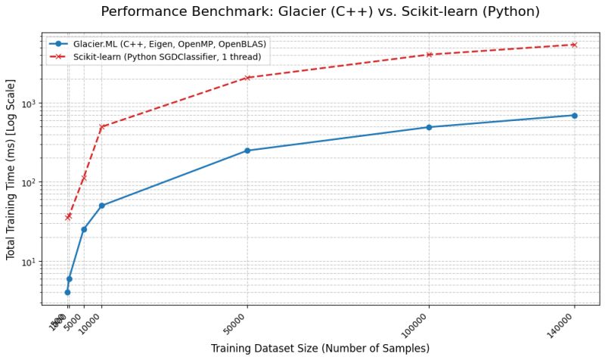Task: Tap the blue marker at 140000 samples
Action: [x=574, y=116]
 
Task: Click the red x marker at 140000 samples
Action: [x=574, y=45]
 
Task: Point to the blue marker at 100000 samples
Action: [x=429, y=127]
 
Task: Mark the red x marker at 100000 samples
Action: [x=429, y=54]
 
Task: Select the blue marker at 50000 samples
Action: [x=247, y=151]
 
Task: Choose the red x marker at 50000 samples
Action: [x=247, y=78]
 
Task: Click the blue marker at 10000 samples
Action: [x=101, y=206]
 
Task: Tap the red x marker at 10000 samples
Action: [x=101, y=127]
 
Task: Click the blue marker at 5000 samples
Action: [x=84, y=229]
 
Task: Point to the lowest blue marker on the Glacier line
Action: [x=67, y=292]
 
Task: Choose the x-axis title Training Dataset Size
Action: [x=320, y=348]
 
